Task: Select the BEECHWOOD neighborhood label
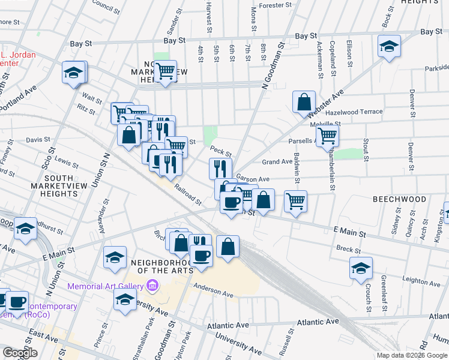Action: click(399, 199)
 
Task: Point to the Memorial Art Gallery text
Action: click(105, 286)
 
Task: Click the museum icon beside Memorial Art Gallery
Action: click(152, 286)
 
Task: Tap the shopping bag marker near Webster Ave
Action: click(304, 102)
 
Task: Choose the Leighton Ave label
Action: click(421, 280)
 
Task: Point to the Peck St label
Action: click(221, 151)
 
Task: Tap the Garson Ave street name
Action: click(253, 178)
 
